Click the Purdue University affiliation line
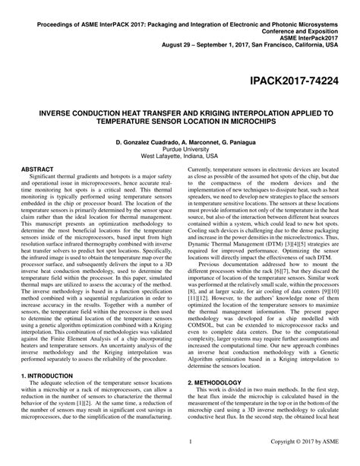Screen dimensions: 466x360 click(x=179, y=148)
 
